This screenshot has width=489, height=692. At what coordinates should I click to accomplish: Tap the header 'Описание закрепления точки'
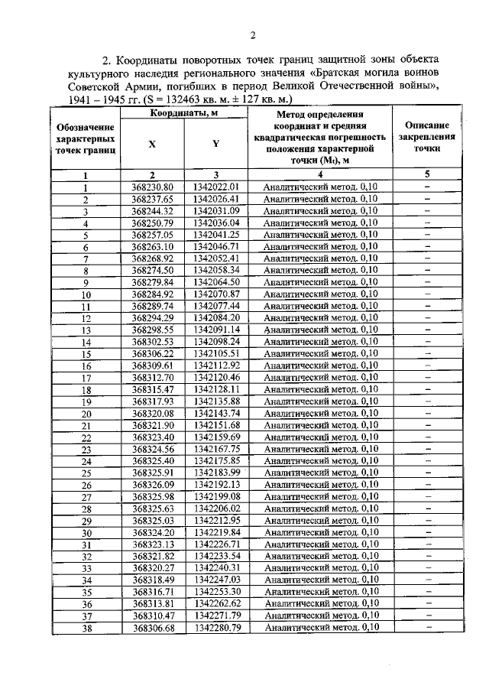click(427, 137)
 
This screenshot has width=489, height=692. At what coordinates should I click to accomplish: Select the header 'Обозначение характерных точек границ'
click(86, 141)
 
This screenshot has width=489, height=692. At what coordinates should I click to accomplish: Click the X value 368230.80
click(153, 187)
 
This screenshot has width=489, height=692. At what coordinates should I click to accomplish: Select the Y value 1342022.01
click(216, 187)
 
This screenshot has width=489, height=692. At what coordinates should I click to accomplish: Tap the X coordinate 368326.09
click(153, 484)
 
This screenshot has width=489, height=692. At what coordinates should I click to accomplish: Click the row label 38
click(86, 628)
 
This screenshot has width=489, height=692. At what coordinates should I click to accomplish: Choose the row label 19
click(86, 401)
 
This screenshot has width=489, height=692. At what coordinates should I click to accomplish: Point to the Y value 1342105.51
click(216, 353)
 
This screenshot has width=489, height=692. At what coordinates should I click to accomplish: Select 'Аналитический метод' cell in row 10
click(321, 294)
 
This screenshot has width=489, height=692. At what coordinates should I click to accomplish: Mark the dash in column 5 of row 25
click(427, 472)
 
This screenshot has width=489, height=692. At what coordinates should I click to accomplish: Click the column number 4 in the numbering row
click(321, 174)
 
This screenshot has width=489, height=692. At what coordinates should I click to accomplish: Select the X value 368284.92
click(153, 294)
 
